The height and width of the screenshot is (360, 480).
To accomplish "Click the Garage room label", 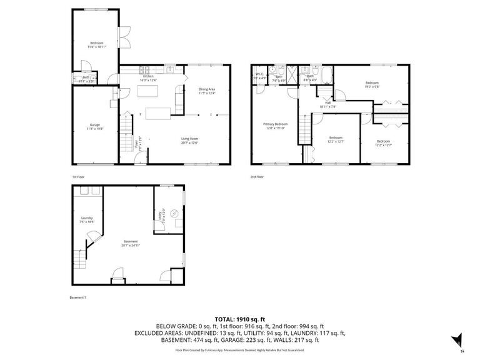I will (x=94, y=126).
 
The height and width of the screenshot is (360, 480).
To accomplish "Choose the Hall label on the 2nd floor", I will (x=327, y=104).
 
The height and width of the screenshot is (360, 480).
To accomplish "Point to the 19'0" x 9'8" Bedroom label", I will (x=372, y=84).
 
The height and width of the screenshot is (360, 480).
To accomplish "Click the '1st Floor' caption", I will (x=78, y=177).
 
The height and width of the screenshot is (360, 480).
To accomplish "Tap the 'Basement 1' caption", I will (x=77, y=297).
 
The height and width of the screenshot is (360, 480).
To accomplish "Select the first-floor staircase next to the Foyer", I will (x=126, y=137).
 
